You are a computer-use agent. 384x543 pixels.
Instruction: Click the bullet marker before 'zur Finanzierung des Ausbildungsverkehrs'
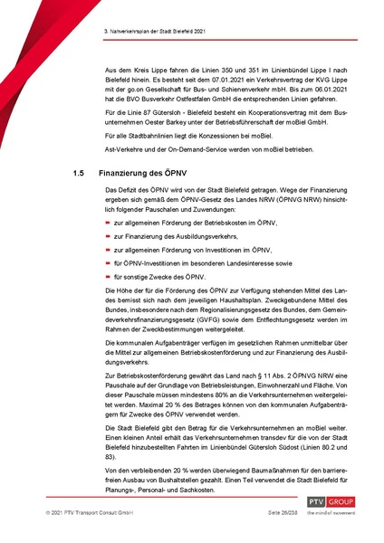click(x=108, y=259)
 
